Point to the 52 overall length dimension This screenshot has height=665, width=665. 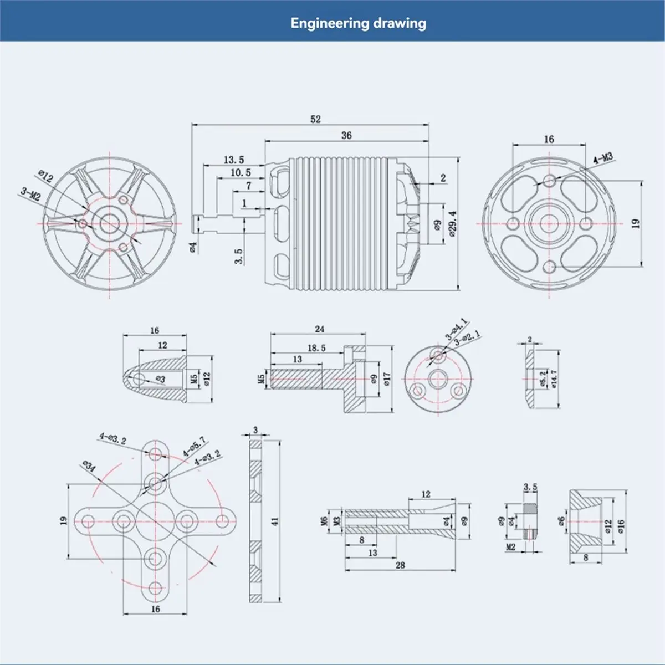click(315, 119)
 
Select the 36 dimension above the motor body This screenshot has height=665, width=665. click(346, 136)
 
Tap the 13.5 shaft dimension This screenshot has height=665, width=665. click(234, 160)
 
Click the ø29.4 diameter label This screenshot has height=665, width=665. click(453, 224)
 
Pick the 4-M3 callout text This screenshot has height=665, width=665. click(603, 158)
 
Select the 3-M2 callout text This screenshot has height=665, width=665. click(30, 195)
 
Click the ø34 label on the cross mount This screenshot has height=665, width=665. click(89, 466)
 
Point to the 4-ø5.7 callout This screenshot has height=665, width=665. click(195, 446)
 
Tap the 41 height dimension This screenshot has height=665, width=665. click(275, 521)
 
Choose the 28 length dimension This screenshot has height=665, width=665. click(400, 565)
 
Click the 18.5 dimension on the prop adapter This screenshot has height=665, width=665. click(316, 348)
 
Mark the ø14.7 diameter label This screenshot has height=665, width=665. click(554, 379)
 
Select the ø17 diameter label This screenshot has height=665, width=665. click(386, 379)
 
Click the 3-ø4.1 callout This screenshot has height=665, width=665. click(456, 329)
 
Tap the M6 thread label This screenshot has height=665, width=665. click(323, 521)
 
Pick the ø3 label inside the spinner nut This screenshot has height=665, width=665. click(161, 379)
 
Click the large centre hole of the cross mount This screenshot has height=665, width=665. click(155, 521)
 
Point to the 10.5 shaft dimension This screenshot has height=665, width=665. click(241, 172)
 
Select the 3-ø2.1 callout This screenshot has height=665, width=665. click(468, 339)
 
